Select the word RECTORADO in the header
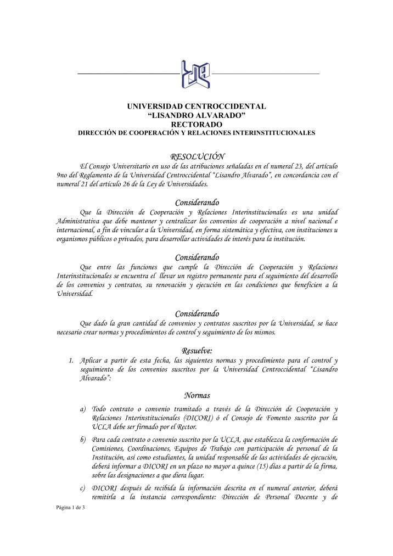pos(196,124)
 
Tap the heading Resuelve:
pos(196,350)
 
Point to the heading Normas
pos(196,395)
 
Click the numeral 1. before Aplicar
pos(71,361)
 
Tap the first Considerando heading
pos(196,204)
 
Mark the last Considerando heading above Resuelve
pos(196,313)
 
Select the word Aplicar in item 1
pos(91,361)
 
